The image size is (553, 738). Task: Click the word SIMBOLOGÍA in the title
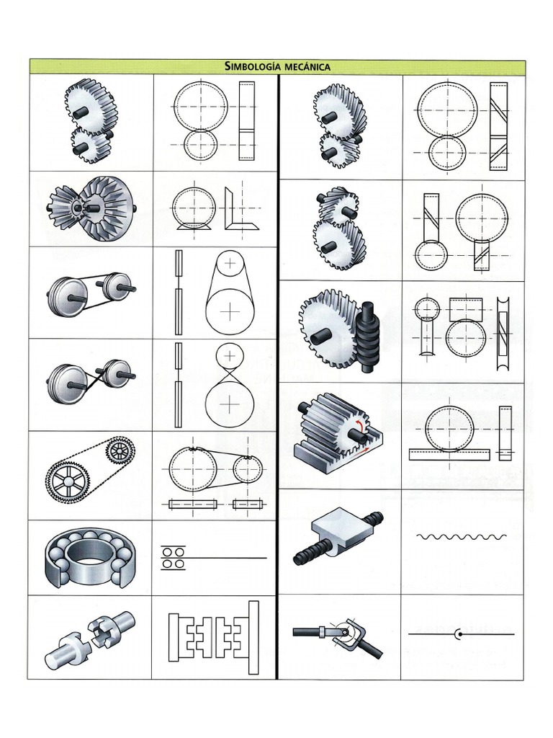click(x=253, y=66)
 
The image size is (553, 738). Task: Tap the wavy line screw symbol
click(x=462, y=536)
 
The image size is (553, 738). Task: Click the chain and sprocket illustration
click(x=91, y=474)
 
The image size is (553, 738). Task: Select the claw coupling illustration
click(x=91, y=636)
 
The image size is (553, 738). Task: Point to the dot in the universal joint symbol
click(x=458, y=634)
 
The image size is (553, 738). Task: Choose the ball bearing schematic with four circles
click(x=173, y=558)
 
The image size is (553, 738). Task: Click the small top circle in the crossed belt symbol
click(x=230, y=355)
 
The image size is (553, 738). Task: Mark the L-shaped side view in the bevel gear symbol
click(x=238, y=209)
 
